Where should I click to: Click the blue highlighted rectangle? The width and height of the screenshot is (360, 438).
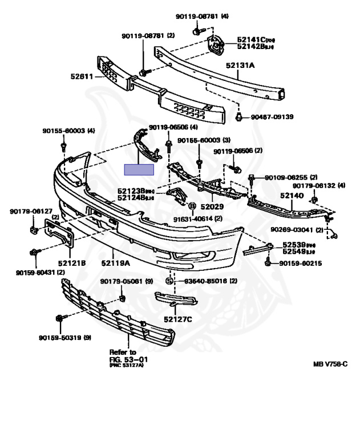coord(140,169)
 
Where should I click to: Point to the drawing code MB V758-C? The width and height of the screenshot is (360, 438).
coord(330,363)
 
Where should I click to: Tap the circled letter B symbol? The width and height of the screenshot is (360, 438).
coord(192,206)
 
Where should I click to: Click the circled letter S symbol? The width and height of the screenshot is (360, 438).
coord(169,281)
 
